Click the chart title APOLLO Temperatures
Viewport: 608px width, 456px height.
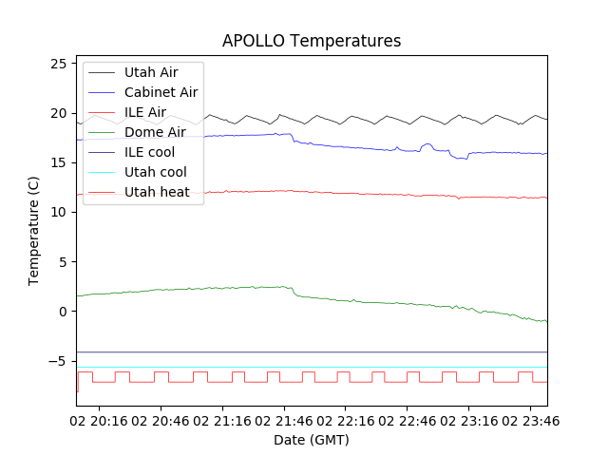[312, 41]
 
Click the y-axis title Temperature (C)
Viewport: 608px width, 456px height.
[34, 231]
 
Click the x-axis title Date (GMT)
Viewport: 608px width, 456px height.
[312, 440]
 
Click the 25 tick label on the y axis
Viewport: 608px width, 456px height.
[58, 64]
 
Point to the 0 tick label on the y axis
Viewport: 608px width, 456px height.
[62, 312]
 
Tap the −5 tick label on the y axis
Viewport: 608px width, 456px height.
[58, 361]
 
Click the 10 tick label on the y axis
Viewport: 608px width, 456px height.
[58, 212]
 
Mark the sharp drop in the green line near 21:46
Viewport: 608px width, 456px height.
[294, 292]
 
